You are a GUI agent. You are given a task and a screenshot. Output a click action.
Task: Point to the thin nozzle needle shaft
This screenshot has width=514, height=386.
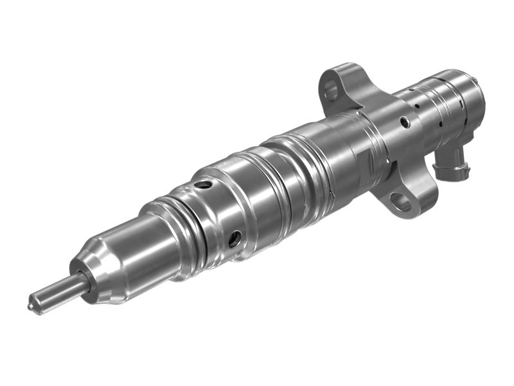click(x=55, y=293)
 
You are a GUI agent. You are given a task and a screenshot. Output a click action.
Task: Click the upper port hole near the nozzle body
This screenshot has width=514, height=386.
click(x=204, y=185)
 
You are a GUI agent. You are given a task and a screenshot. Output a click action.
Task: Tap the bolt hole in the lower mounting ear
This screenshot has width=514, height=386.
click(x=402, y=203)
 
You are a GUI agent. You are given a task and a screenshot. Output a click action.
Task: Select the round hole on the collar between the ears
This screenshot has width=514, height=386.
click(x=404, y=121)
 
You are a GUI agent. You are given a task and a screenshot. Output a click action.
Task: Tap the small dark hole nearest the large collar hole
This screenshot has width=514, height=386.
click(x=417, y=103)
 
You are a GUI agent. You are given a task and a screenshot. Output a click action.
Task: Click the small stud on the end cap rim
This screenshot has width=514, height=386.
click(x=476, y=78)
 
